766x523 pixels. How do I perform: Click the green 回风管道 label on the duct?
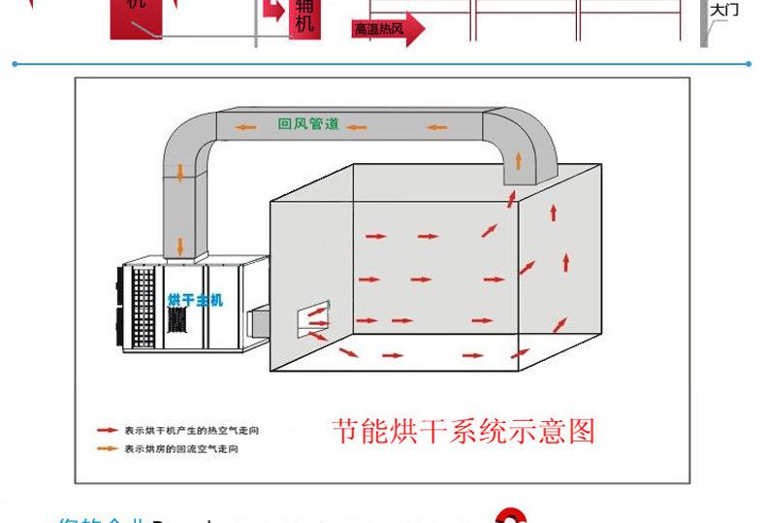pyautogui.click(x=308, y=125)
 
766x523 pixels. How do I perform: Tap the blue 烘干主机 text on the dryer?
pyautogui.click(x=195, y=300)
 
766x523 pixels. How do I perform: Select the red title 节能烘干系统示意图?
pyautogui.click(x=463, y=430)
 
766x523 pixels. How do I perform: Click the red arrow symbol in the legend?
pyautogui.click(x=107, y=430)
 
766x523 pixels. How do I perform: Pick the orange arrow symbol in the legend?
pyautogui.click(x=107, y=449)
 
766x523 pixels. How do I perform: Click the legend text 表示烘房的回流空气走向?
pyautogui.click(x=180, y=449)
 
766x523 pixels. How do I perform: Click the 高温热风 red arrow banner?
pyautogui.click(x=387, y=29)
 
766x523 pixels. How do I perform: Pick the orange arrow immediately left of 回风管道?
pyautogui.click(x=250, y=125)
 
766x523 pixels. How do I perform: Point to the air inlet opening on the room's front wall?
pyautogui.click(x=314, y=321)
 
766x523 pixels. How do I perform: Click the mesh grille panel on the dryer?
pyautogui.click(x=144, y=305)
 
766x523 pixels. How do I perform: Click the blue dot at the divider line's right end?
pyautogui.click(x=750, y=64)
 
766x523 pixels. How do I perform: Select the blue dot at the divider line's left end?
pyautogui.click(x=16, y=64)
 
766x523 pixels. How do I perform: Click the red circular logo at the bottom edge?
pyautogui.click(x=511, y=516)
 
